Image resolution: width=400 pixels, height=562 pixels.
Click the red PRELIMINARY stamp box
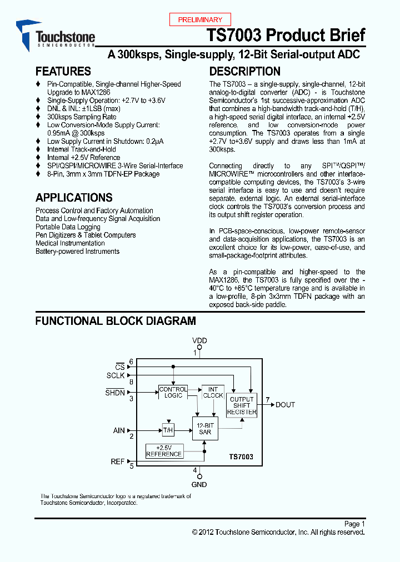[x=200, y=19]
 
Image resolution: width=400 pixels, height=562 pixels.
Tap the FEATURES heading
[x=63, y=71]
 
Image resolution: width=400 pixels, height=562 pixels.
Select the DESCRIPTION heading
[x=244, y=71]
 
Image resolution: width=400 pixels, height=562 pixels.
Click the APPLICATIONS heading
[x=74, y=197]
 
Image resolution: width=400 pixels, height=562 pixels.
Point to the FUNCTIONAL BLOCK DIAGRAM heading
[x=116, y=321]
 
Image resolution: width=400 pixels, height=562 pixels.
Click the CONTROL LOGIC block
[x=173, y=392]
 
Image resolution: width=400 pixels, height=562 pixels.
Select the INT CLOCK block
[x=213, y=392]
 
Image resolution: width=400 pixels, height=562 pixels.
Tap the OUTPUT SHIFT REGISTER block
[x=242, y=405]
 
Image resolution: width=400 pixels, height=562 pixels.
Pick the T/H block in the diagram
[x=168, y=430]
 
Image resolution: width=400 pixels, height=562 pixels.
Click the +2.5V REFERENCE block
[x=164, y=450]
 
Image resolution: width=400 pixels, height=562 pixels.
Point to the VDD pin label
[x=199, y=340]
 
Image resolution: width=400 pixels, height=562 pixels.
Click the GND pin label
[x=199, y=484]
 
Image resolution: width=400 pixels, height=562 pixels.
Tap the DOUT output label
[x=286, y=405]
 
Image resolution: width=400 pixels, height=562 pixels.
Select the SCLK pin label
[x=116, y=375]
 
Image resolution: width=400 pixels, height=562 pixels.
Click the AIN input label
[x=119, y=430]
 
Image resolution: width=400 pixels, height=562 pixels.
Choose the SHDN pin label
[x=115, y=393]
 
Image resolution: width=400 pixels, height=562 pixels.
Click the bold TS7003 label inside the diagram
[x=241, y=456]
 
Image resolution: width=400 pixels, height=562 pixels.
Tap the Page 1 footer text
[x=354, y=524]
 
